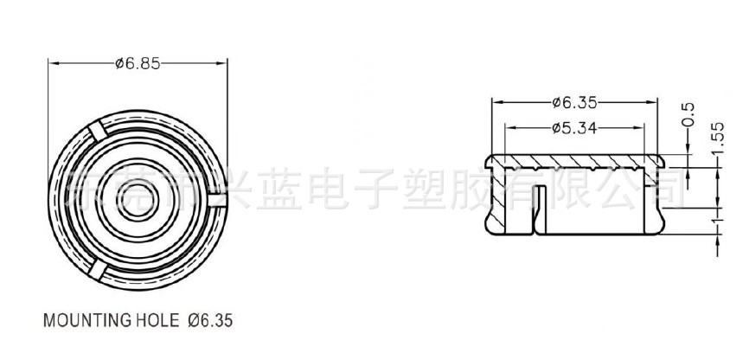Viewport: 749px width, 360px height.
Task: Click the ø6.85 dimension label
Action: [137, 63]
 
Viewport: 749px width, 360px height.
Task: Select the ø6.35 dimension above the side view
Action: [575, 103]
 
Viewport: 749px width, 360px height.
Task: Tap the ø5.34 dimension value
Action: [575, 128]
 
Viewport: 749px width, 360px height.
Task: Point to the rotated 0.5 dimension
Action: [688, 113]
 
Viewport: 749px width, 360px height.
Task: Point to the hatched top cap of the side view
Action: [575, 162]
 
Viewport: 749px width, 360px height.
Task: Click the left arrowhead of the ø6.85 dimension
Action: [52, 63]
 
